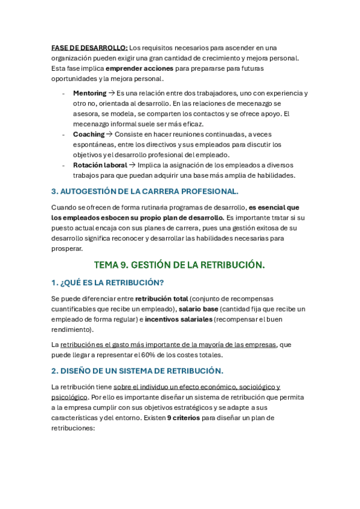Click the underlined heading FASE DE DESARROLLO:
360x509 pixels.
point(89,47)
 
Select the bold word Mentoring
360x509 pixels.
point(89,93)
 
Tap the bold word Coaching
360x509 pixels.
point(88,134)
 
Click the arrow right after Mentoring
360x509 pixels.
point(111,93)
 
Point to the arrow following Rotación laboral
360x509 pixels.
point(132,165)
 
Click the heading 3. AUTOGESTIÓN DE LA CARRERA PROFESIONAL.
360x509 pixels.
point(145,191)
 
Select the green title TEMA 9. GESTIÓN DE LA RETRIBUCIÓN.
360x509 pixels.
point(179,265)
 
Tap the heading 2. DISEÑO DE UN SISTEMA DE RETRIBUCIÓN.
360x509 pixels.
point(137,371)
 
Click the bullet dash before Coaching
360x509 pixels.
point(64,134)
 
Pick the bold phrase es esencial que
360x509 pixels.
point(274,207)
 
